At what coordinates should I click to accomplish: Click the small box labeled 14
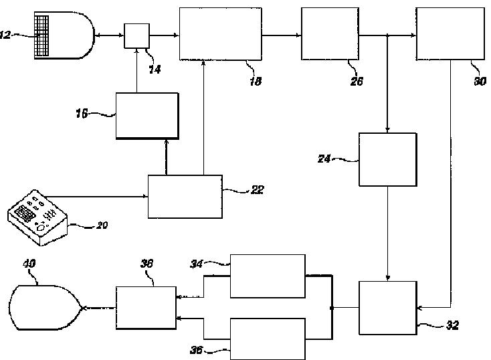pyautogui.click(x=136, y=35)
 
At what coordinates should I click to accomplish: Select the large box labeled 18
pyautogui.click(x=220, y=33)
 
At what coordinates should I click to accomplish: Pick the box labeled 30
pyautogui.click(x=450, y=33)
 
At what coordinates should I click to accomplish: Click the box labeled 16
pyautogui.click(x=146, y=115)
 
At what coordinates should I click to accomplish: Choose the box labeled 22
pyautogui.click(x=185, y=196)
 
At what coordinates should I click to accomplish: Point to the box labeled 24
pyautogui.click(x=387, y=159)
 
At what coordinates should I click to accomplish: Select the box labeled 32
pyautogui.click(x=387, y=308)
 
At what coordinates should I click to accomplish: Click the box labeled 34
pyautogui.click(x=268, y=275)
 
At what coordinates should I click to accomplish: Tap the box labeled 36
pyautogui.click(x=268, y=339)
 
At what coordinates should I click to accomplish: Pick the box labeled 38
pyautogui.click(x=146, y=307)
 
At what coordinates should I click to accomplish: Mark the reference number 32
pyautogui.click(x=452, y=326)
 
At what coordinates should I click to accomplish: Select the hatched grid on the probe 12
pyautogui.click(x=44, y=35)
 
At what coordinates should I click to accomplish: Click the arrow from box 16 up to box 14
pyautogui.click(x=136, y=70)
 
